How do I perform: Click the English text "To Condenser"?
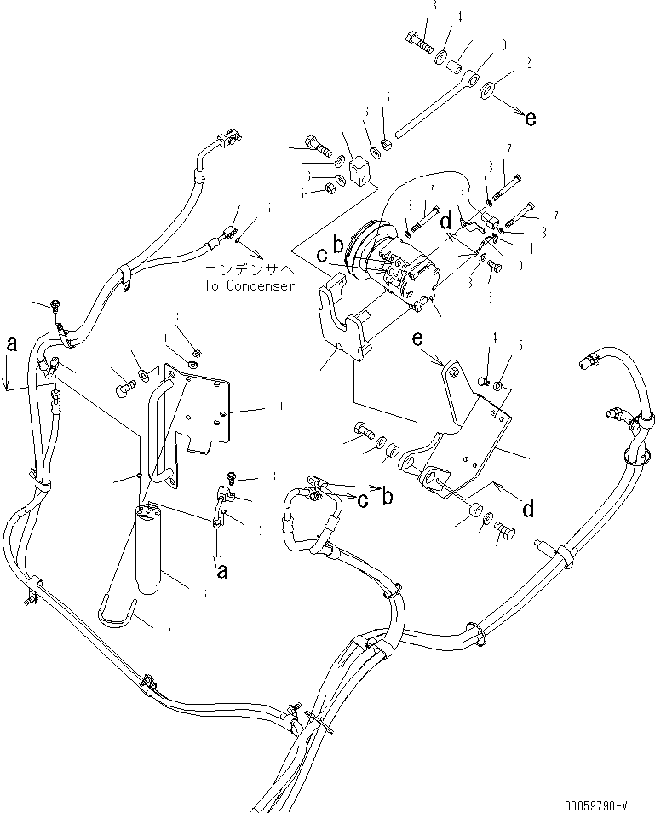point(249,285)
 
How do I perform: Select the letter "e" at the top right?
point(531,118)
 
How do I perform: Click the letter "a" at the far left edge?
point(11,344)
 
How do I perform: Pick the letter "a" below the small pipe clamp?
point(221,572)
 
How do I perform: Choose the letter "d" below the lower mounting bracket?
point(528,509)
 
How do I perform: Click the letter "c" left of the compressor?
point(322,254)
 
